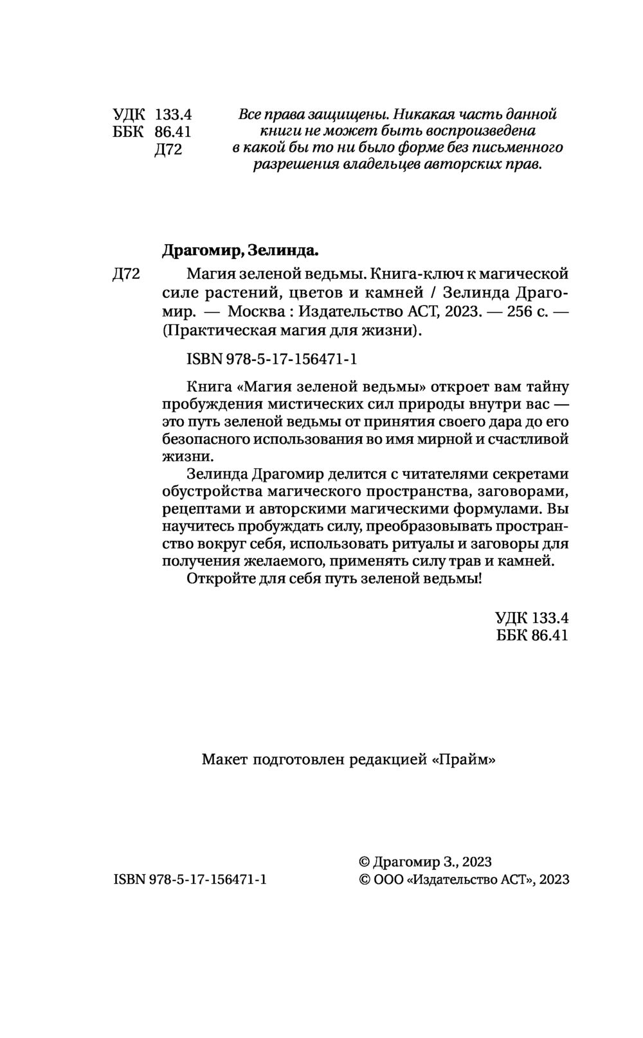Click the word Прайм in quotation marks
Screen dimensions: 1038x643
(464, 759)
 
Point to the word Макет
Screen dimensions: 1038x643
(225, 759)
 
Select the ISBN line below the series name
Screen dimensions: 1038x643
(271, 359)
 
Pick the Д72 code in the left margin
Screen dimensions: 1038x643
(126, 274)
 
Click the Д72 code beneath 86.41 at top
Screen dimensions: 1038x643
(169, 150)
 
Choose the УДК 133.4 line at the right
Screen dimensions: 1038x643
(532, 618)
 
